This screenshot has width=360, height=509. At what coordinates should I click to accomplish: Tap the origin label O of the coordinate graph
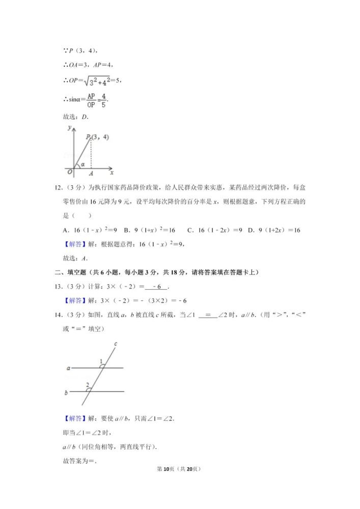68,173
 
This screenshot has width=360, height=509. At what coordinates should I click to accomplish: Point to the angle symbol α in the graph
83,164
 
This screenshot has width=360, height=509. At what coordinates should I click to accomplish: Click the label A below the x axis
91,174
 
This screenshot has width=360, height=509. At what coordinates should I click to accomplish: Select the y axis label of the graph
68,129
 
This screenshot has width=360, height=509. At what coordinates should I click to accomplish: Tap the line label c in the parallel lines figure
116,345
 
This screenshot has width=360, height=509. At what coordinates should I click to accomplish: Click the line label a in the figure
68,367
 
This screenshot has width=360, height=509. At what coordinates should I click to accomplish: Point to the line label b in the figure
67,392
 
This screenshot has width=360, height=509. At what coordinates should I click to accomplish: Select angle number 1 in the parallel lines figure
101,361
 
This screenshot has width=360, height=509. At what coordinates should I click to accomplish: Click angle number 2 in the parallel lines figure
87,384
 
